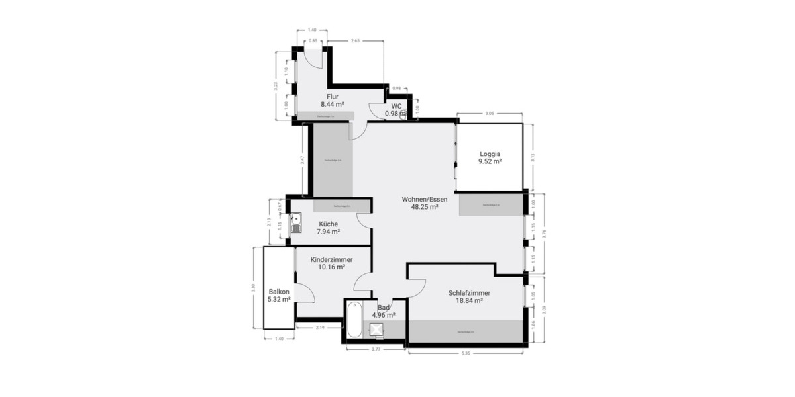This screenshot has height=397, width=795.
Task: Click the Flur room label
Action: [x=332, y=97]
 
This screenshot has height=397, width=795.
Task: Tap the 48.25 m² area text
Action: [x=425, y=207]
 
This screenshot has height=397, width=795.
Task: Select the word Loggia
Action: [x=490, y=154]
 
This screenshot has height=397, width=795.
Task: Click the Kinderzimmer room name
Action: [x=331, y=259]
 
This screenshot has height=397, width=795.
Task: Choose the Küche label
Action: [x=328, y=224]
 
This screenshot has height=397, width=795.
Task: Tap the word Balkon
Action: [x=279, y=291]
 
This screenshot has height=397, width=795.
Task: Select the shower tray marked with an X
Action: [x=377, y=329]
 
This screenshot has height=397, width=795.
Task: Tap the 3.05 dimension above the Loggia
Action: [x=489, y=114]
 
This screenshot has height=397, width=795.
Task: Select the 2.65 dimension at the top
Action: [x=355, y=41]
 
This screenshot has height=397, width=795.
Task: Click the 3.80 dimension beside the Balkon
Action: [x=253, y=288]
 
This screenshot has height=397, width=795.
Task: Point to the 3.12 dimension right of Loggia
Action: [x=533, y=157]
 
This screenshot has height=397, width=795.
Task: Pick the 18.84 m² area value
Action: [x=468, y=300]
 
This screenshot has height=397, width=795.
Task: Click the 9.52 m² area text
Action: [x=490, y=161]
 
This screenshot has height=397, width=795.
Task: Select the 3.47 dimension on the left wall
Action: [x=302, y=159]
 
